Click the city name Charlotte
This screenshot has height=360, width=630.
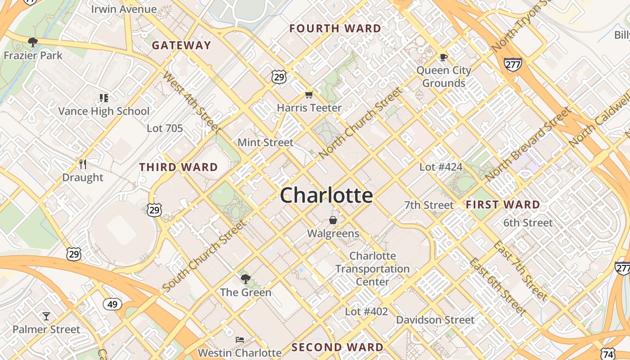pos(326,195)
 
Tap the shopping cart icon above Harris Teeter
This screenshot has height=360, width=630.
pos(309,94)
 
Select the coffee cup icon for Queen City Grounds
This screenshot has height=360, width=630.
pos(443,57)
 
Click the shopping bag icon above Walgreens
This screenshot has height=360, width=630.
pos(333,220)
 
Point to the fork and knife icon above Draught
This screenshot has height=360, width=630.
pos(82,164)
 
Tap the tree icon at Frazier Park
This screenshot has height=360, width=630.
pos(32,42)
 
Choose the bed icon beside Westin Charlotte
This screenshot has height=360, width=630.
pos(239,339)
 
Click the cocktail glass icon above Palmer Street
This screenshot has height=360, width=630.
pos(46,316)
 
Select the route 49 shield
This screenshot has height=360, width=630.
pos(112,304)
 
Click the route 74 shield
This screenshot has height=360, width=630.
pos(608,354)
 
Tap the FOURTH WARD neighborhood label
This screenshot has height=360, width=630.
pos(335,29)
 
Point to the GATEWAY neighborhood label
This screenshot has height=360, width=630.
pos(181,45)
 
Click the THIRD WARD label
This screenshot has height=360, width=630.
pos(179,167)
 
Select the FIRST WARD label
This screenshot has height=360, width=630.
pos(503,205)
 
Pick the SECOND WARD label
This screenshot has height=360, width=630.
pos(337,347)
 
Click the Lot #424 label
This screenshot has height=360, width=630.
pos(441,167)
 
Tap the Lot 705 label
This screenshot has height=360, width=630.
pos(165,128)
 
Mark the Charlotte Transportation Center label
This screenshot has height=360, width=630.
pos(373,269)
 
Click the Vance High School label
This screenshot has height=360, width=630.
pos(104,111)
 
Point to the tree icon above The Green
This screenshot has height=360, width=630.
pos(245,279)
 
